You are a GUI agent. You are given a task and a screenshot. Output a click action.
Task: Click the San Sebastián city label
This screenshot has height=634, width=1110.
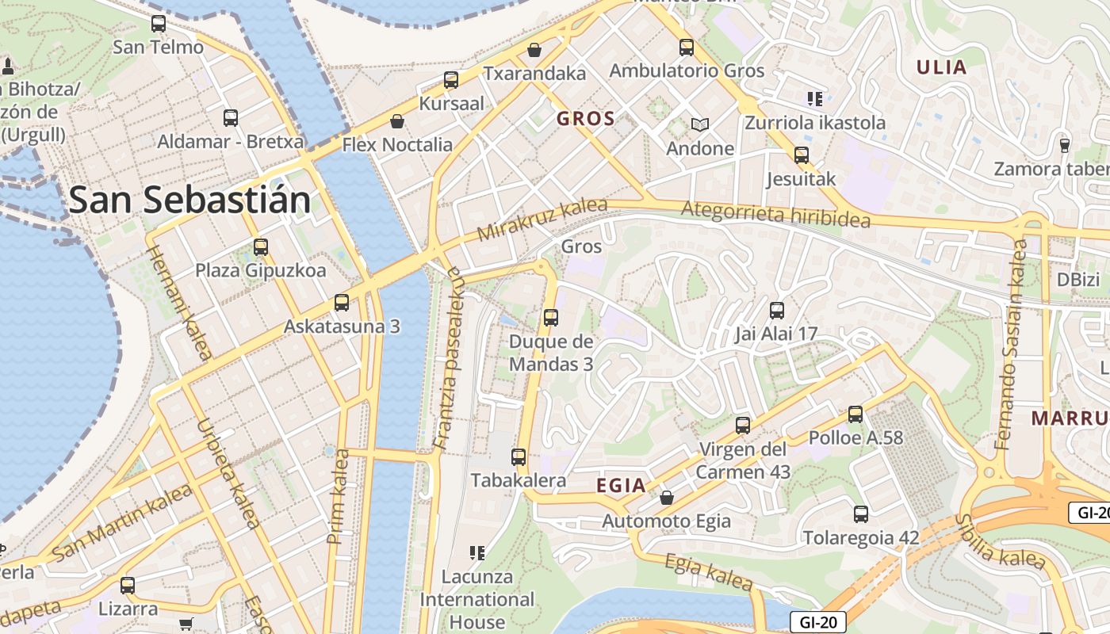coord(189,201)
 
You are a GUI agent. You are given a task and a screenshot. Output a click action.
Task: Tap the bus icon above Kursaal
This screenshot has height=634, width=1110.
coord(450,80)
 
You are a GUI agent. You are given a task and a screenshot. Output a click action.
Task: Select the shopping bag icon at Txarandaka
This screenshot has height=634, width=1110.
coord(534,50)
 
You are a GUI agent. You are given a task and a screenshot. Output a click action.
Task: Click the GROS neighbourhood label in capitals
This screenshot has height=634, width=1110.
coord(585,119)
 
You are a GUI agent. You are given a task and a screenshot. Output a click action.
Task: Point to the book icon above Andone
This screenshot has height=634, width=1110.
coord(699,124)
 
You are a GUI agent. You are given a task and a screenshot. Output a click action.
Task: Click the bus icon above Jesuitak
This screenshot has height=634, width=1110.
coord(801,155)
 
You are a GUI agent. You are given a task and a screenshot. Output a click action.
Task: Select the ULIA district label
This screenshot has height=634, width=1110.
coord(941,67)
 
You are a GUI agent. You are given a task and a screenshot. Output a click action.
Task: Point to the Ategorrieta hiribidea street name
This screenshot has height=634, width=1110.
coord(775,215)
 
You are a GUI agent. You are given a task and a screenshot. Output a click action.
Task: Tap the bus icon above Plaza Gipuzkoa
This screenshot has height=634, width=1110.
coord(261,246)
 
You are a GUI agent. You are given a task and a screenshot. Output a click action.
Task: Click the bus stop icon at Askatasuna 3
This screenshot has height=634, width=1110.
coord(342,302)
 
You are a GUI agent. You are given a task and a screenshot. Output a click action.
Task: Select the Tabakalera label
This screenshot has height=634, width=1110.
coord(518,480)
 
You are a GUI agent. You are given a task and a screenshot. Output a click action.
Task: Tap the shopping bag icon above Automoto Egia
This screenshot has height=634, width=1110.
coord(667,498)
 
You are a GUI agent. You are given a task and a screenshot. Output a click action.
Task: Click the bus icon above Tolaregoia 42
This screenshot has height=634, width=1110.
coord(861,514)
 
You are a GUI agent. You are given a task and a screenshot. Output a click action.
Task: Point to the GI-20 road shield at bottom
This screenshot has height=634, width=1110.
coord(817,621)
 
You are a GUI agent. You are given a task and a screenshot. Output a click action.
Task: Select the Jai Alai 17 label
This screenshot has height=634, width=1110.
coord(775,334)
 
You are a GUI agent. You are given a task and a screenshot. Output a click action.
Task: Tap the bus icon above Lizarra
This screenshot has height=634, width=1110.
coord(128,586)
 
